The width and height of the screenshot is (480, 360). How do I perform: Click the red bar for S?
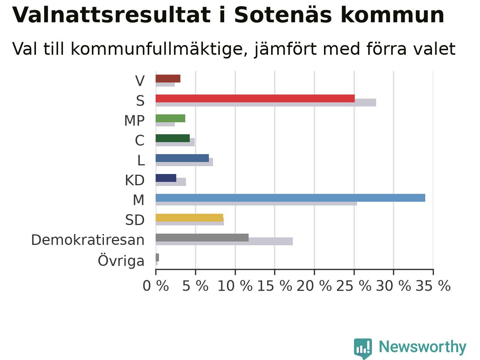[x=255, y=98]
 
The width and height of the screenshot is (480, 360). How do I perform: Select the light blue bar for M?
[x=290, y=198]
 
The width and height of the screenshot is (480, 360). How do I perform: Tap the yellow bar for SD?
[x=189, y=217]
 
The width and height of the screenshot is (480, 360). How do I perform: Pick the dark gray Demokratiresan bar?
[x=202, y=237]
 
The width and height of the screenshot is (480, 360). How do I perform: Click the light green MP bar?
[x=170, y=118]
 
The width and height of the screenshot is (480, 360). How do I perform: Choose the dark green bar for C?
[x=173, y=138]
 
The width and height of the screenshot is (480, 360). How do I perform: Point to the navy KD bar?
[x=166, y=178]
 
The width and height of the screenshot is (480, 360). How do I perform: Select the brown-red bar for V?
[x=168, y=78]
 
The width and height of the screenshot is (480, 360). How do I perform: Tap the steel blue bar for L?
[x=182, y=158]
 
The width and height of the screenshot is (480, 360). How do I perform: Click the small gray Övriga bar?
[x=157, y=257]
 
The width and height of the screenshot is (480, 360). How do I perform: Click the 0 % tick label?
[x=156, y=285]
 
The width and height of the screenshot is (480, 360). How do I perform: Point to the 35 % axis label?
[x=433, y=285]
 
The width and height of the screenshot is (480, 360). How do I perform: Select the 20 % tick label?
[x=314, y=285]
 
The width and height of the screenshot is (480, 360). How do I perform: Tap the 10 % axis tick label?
[x=235, y=285]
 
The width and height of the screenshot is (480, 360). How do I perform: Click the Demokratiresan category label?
[x=88, y=240]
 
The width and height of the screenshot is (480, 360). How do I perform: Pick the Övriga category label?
[x=121, y=260]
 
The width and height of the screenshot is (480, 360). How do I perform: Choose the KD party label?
[x=135, y=180]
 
